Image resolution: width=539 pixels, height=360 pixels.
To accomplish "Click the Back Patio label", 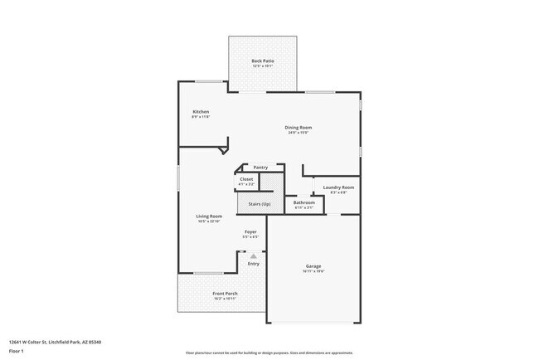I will tap(262, 61).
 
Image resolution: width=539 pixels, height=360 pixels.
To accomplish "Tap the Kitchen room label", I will tap(201, 111).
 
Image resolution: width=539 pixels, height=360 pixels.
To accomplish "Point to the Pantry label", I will tap(260, 167).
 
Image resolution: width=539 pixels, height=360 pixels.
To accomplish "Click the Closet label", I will tap(246, 179).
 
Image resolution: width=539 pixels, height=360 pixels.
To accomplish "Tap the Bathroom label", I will tap(303, 202).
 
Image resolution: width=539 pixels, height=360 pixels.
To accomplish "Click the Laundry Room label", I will tap(338, 187).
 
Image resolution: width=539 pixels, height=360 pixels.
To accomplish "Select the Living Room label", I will tap(209, 216).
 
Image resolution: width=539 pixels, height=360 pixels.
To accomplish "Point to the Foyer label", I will tap(250, 231).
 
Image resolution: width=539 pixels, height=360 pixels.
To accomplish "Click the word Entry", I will tap(253, 264).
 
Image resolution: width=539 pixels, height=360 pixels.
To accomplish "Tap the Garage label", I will tap(313, 266).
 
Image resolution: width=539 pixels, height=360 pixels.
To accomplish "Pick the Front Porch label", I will tap(225, 294).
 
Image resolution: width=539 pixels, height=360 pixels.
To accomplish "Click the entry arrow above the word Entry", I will tap(253, 256).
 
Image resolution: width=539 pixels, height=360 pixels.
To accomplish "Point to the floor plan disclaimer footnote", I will tap(270, 353).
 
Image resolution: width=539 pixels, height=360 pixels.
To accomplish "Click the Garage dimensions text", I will tap(313, 271).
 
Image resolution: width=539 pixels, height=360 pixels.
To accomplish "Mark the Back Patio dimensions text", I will tap(262, 66).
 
